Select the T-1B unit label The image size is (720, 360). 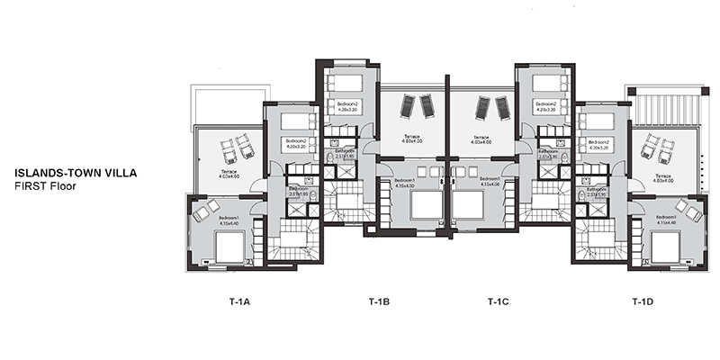coord(379,301)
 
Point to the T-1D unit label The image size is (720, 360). coord(642,301)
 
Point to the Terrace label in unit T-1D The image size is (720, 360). coord(663,177)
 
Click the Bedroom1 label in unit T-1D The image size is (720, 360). coord(666,218)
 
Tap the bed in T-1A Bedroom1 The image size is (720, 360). coord(229,247)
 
